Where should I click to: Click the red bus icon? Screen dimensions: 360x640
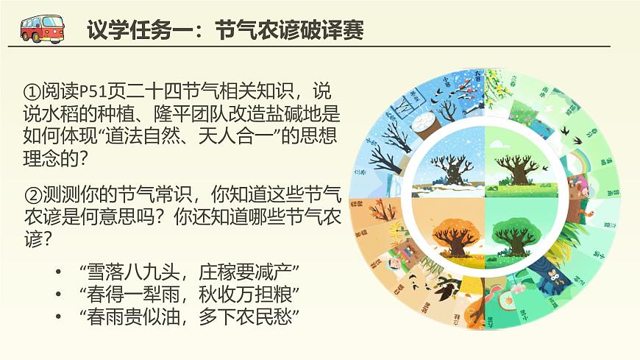(42, 28)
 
